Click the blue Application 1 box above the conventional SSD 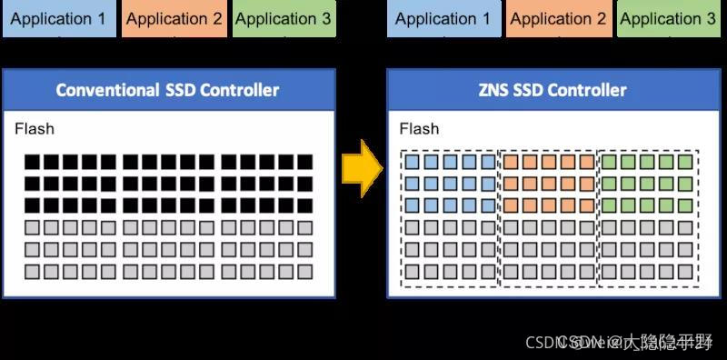(58, 18)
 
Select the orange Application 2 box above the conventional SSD (174, 18)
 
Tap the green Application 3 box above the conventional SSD (283, 18)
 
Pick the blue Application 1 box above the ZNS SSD (443, 18)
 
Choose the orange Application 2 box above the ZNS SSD (559, 18)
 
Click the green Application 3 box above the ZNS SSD (668, 18)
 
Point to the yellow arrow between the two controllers (362, 168)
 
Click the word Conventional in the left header (105, 90)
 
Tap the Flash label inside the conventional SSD (35, 129)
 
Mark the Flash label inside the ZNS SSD (419, 129)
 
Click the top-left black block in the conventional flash (33, 162)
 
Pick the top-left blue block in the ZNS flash (412, 162)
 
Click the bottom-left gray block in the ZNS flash (412, 271)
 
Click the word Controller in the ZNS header (588, 90)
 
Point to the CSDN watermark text (546, 342)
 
